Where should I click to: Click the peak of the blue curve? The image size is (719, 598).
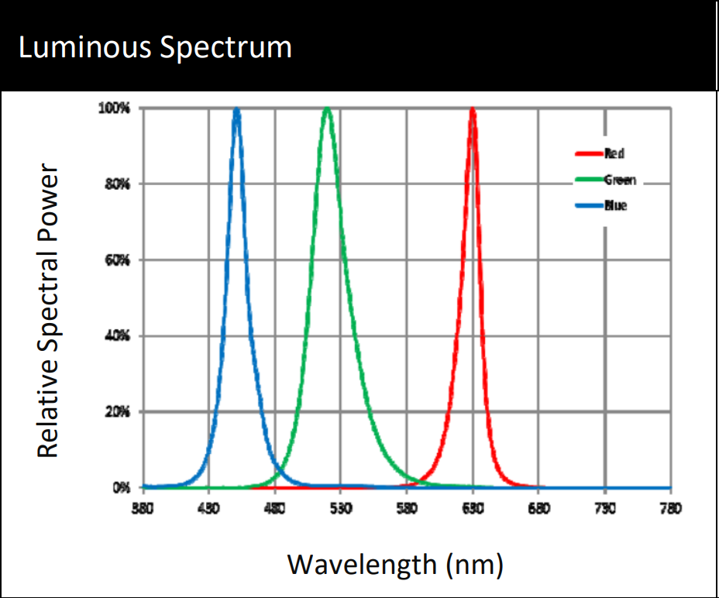click(x=236, y=111)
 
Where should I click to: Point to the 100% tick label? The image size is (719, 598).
click(x=115, y=108)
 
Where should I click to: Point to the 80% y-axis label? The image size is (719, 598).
click(x=118, y=184)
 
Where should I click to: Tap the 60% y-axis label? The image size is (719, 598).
click(x=118, y=260)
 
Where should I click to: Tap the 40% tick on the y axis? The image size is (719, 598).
click(x=118, y=336)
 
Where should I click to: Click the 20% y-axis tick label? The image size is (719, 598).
click(x=118, y=412)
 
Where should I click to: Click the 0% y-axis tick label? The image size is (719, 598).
click(x=121, y=488)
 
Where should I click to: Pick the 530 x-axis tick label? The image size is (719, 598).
click(x=341, y=508)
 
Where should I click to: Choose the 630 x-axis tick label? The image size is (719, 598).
click(x=473, y=508)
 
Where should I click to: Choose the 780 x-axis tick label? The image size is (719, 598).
click(x=671, y=508)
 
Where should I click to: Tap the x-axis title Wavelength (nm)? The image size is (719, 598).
click(x=395, y=564)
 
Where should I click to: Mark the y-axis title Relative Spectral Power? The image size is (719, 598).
click(x=48, y=310)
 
